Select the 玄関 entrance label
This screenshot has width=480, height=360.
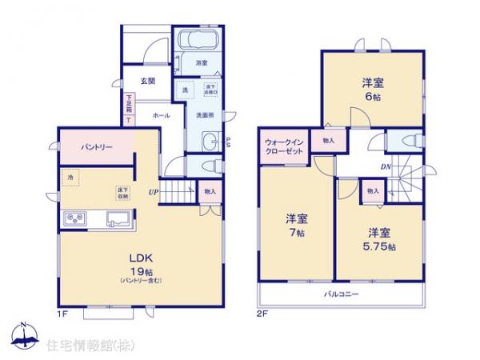pyautogui.click(x=147, y=81)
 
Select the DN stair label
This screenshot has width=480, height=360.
pyautogui.click(x=385, y=166)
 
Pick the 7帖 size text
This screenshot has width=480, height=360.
pyautogui.click(x=296, y=234)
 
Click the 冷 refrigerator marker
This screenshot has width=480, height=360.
pyautogui.click(x=70, y=178)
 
